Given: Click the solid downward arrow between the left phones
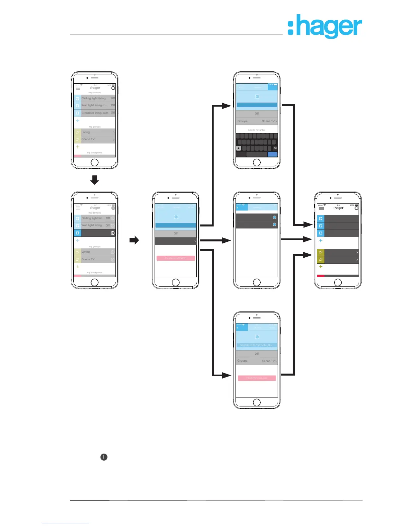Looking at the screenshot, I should point(95,180).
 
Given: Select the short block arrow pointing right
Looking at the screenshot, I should point(134,240).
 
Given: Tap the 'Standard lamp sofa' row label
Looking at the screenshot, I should point(95,113).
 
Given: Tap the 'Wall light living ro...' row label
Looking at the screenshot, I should point(95,105).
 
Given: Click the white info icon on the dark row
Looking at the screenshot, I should point(112,233).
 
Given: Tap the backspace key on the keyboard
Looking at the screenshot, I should point(275,148).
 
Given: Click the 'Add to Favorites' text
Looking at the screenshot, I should point(257,130).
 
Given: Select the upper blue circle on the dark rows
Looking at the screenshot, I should point(274,218).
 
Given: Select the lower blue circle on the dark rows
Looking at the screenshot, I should point(274,225).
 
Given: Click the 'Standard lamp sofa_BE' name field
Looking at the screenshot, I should point(256,345).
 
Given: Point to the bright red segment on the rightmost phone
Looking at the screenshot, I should point(321,276).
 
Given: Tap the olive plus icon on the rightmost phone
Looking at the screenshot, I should point(321,267).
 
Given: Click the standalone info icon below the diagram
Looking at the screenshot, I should point(104,457).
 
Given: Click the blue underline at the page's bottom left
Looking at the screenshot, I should point(66,523).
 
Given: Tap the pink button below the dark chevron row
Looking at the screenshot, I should point(175,258).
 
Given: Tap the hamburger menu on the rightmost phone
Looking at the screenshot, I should point(321,208).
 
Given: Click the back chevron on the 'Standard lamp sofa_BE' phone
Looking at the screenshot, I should point(237,328).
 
